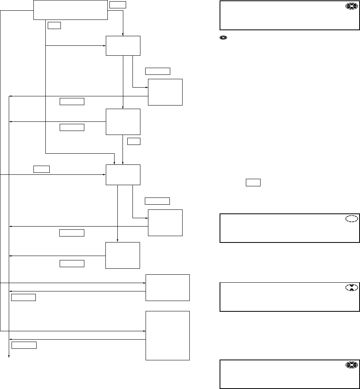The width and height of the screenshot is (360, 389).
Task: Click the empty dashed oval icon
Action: (x=352, y=219)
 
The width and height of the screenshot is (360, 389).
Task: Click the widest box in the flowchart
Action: (x=71, y=10)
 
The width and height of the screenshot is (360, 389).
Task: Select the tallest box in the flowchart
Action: (x=167, y=336)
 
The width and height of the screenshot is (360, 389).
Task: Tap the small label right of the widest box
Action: (x=117, y=5)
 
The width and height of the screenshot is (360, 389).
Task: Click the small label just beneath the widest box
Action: (x=54, y=25)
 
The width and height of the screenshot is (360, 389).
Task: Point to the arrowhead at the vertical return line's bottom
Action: (x=10, y=356)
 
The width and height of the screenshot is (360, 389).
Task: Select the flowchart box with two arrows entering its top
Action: (x=123, y=175)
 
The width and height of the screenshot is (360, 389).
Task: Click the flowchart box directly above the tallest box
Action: (x=167, y=287)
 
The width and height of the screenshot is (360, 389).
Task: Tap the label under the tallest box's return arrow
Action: (x=24, y=345)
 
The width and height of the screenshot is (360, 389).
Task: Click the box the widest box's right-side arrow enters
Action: (x=123, y=46)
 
